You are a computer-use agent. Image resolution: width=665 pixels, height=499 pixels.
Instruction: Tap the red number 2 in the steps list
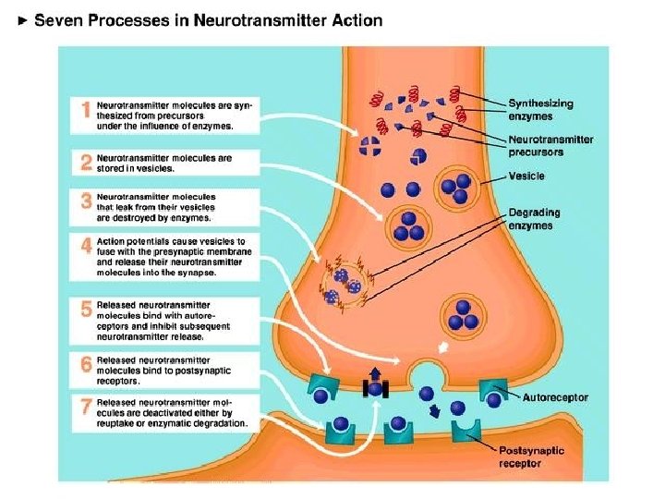85,163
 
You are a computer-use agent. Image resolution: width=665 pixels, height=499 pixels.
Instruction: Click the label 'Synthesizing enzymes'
540,110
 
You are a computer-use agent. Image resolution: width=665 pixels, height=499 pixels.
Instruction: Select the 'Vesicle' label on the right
526,176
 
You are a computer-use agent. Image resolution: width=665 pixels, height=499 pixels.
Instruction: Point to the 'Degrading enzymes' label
534,219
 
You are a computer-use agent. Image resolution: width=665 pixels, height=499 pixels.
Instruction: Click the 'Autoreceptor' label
555,398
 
